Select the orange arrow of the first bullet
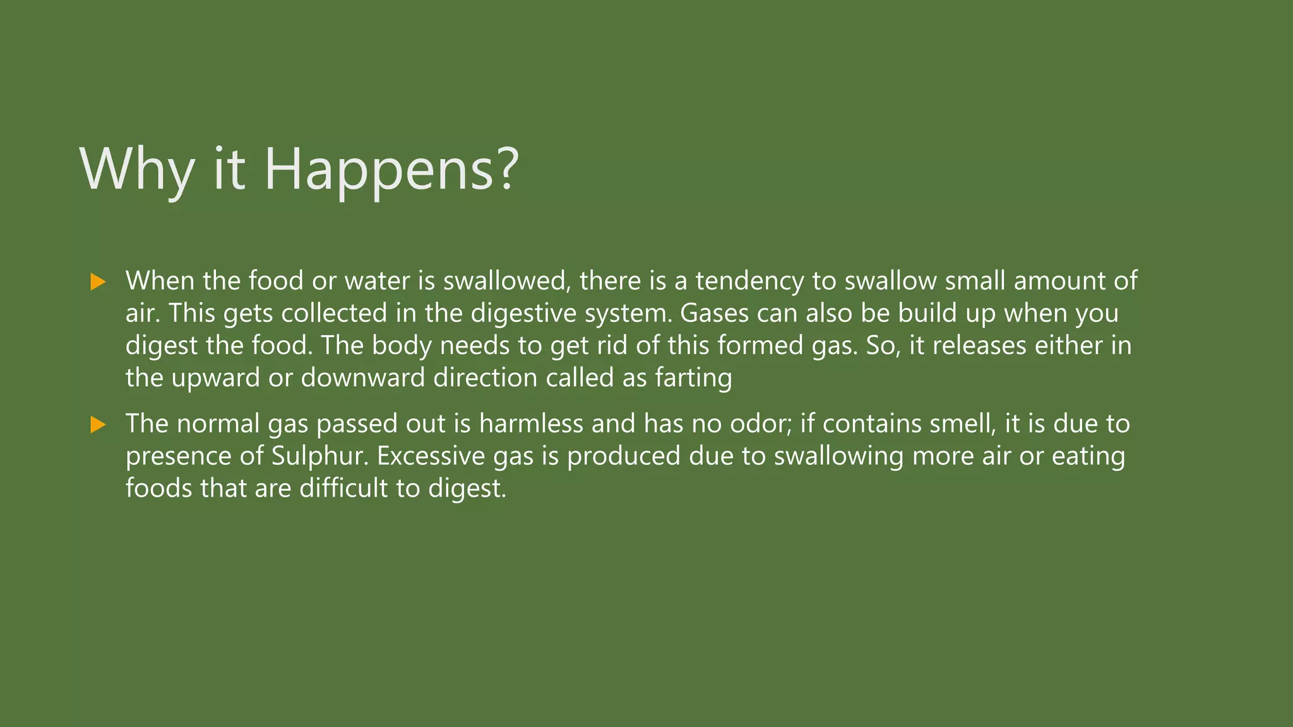pyautogui.click(x=98, y=281)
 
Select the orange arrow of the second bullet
pyautogui.click(x=98, y=424)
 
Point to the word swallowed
pyautogui.click(x=507, y=281)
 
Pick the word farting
pyautogui.click(x=693, y=378)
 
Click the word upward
pyautogui.click(x=215, y=378)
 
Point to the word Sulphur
pyautogui.click(x=319, y=456)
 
